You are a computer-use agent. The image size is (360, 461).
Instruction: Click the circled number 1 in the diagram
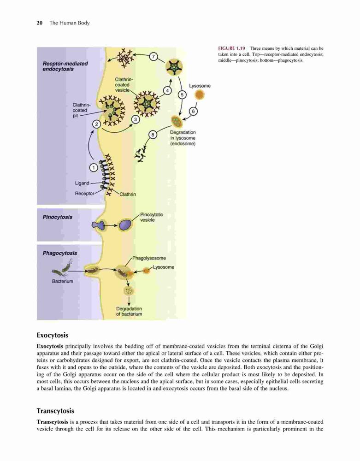pos(94,168)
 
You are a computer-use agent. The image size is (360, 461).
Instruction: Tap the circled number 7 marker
pos(153,57)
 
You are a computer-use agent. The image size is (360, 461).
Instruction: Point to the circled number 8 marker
pos(153,135)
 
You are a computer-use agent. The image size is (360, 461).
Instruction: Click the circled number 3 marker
pos(136,119)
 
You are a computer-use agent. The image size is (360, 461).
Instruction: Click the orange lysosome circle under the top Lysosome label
pos(200,95)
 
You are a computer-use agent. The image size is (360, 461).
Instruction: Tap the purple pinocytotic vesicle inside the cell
pos(126,225)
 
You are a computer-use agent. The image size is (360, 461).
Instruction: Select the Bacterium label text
pos(63,281)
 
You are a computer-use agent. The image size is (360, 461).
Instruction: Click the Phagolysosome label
pos(149,258)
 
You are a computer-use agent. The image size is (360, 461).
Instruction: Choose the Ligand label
pos(82,183)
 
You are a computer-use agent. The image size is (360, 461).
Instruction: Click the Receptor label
pos(85,194)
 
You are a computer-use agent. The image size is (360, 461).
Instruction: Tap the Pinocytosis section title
pos(57,217)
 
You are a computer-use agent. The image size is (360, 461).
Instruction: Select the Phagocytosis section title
pos(59,253)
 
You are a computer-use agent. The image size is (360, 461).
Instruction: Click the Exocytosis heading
pos(52,335)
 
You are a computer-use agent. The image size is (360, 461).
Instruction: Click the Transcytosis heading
pos(55,411)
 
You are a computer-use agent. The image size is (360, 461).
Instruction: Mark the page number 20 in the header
pos(40,23)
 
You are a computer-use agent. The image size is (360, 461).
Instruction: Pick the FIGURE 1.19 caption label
pos(231,48)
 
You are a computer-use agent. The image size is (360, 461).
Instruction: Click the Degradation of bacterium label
pos(129,311)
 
